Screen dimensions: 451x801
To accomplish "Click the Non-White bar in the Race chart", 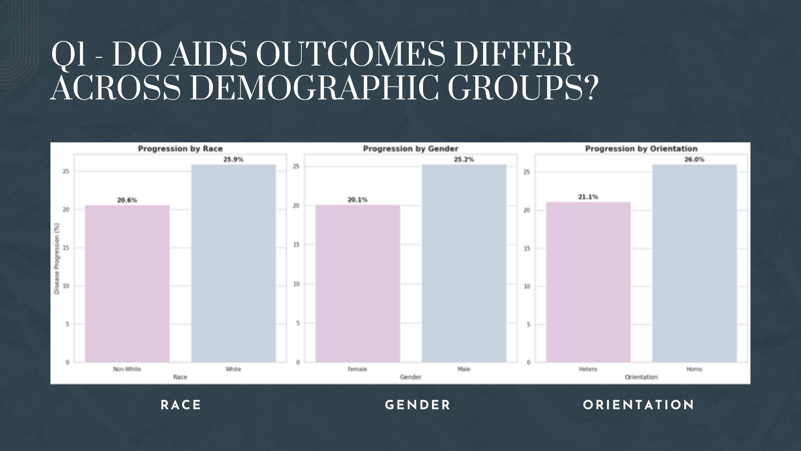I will tap(127, 284).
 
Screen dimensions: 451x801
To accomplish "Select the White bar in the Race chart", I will tap(234, 263).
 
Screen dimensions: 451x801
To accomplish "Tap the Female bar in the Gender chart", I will tap(358, 284).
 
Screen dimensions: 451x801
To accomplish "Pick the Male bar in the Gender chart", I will tap(464, 263).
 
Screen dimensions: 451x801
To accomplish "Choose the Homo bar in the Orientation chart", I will tap(695, 263).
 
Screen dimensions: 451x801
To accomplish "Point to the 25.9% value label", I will tap(233, 160).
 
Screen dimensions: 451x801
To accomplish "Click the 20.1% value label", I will tap(358, 200).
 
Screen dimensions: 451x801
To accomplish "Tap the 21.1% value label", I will tap(588, 197).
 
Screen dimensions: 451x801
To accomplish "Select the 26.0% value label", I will tap(694, 160).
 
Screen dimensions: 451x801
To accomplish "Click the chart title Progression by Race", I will tap(180, 149).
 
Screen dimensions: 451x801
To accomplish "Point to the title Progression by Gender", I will tap(411, 149).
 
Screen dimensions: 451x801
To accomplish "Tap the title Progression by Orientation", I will tap(641, 149).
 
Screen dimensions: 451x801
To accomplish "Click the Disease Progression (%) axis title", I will tap(57, 264).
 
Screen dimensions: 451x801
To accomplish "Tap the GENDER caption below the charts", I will tap(418, 405).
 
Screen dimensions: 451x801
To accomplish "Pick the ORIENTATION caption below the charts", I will tap(638, 405).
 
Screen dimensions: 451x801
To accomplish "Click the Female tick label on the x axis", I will tap(358, 369).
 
